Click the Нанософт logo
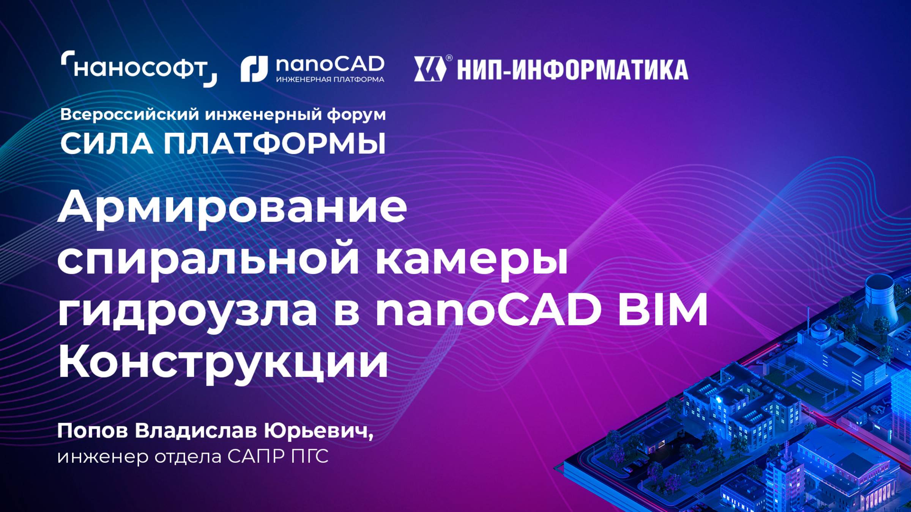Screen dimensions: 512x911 coord(139,69)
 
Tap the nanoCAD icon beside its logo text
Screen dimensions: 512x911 coord(254,69)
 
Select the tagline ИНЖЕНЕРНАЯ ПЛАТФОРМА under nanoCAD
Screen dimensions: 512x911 coord(330,80)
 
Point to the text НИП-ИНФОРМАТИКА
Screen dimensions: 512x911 coord(572,70)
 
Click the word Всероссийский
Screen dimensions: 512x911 coord(129,115)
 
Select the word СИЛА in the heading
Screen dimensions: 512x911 coord(107,144)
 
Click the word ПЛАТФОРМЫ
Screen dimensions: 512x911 coord(274,144)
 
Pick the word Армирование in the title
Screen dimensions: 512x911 coord(232,207)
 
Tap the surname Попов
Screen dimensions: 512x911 coord(93,431)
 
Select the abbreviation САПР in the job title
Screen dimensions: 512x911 coord(256,456)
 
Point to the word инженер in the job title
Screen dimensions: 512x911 coord(102,457)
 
